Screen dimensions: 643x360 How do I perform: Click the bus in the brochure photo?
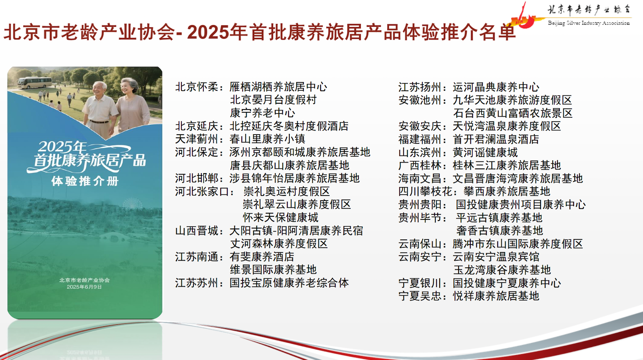point(35,83)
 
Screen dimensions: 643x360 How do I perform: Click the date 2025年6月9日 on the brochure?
point(84,287)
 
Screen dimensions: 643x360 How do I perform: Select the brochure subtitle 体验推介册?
point(85,181)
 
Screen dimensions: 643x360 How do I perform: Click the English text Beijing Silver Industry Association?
point(589,23)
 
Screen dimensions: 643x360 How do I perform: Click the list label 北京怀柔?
point(197,87)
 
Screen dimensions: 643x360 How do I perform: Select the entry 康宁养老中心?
point(262,113)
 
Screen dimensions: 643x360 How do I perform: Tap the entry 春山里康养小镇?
point(267,139)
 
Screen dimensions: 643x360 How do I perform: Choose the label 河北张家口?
point(202,191)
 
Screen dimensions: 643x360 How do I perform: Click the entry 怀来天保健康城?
point(280,217)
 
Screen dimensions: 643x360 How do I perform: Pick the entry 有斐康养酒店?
point(262,257)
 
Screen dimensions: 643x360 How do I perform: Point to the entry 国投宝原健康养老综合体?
point(289,283)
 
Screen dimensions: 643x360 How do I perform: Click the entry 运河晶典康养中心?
point(496,87)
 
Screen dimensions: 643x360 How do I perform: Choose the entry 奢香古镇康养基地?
point(499,230)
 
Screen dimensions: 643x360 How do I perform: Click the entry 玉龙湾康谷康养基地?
point(502,270)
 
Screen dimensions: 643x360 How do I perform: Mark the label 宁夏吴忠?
point(420,296)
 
